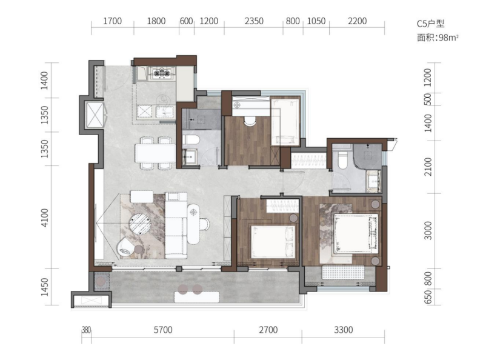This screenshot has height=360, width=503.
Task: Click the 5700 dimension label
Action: tap(163, 330)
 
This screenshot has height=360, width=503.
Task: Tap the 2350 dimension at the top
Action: tap(254, 21)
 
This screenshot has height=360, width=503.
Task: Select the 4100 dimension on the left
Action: tap(45, 218)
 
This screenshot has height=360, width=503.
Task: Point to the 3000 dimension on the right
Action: tap(428, 230)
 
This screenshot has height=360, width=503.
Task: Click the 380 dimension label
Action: tap(86, 330)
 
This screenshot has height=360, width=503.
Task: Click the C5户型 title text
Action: tap(430, 24)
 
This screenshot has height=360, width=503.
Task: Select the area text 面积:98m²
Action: tap(438, 38)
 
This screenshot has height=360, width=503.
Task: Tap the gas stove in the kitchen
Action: tap(162, 73)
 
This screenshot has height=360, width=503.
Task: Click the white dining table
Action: tap(155, 153)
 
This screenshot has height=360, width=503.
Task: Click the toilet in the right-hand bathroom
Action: tap(343, 159)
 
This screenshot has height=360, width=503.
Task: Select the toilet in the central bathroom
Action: tap(191, 140)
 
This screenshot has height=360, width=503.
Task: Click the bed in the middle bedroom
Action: tap(273, 241)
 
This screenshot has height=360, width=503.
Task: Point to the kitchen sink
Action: tap(165, 112)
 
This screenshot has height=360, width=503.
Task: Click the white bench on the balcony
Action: tap(197, 297)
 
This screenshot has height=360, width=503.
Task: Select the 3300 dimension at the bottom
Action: tap(343, 330)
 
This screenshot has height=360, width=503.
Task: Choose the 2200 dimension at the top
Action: tap(357, 21)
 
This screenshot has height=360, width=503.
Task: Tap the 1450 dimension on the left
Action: tap(45, 287)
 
